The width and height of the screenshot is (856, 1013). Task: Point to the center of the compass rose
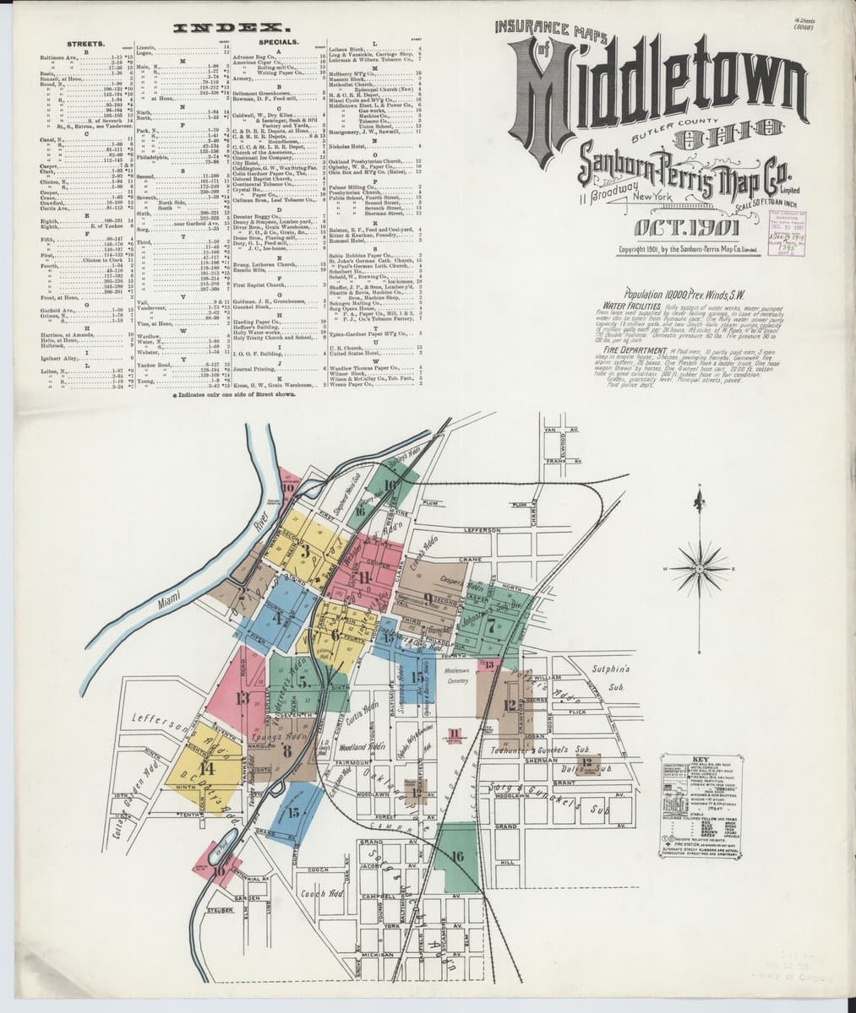pos(699,569)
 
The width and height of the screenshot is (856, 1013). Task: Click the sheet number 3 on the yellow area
pos(304,554)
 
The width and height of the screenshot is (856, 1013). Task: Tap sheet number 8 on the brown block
pos(287,750)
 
